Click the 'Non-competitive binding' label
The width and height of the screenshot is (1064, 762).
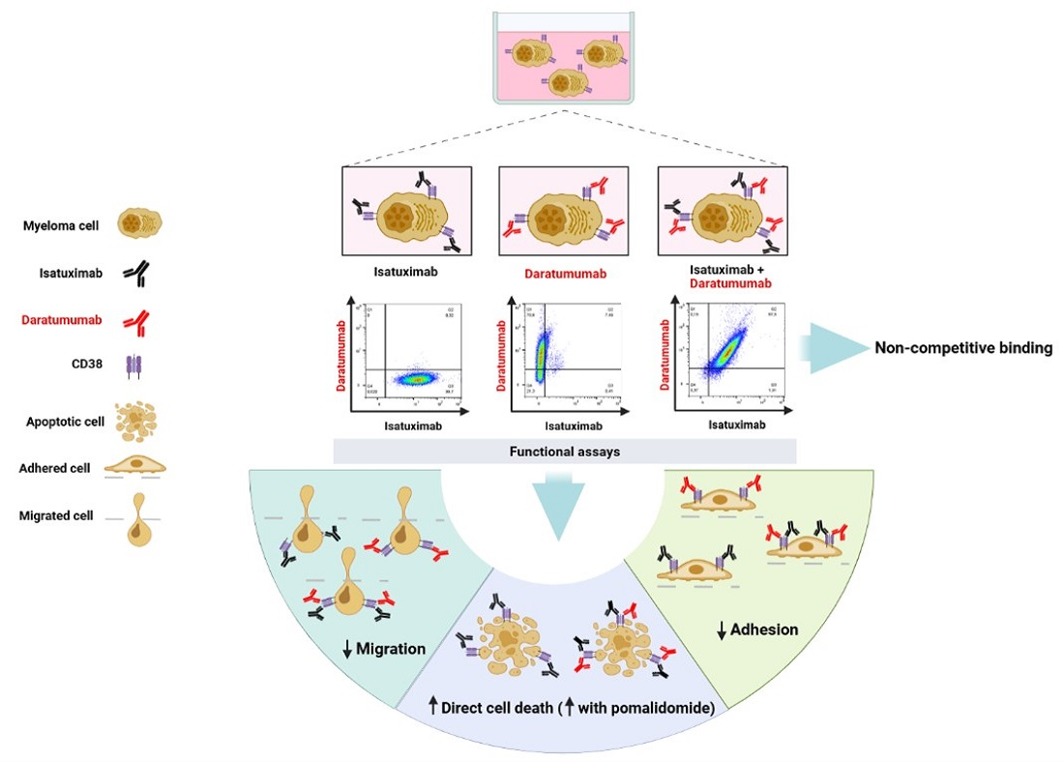pos(963,348)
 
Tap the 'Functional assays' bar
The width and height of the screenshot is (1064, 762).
pos(565,451)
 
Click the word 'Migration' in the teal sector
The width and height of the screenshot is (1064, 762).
pos(392,649)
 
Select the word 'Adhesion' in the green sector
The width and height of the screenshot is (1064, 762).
pos(764,630)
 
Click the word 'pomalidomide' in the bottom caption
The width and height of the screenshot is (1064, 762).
pos(662,708)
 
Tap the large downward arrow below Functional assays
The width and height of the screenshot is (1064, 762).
pos(562,504)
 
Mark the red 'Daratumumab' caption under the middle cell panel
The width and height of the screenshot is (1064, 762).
pos(565,274)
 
